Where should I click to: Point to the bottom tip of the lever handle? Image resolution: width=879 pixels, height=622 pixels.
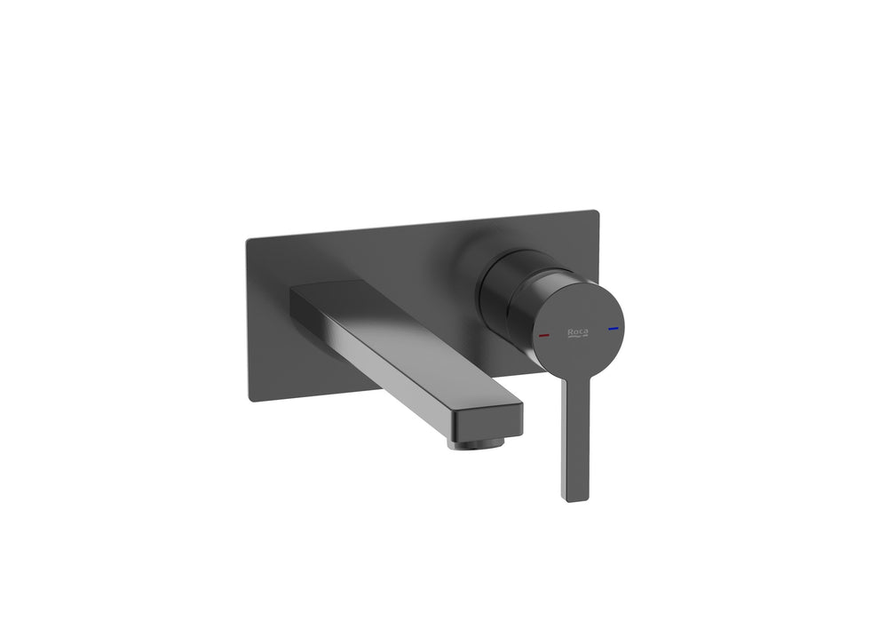[574, 498]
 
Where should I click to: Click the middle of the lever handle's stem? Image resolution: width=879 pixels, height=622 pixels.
[572, 435]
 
